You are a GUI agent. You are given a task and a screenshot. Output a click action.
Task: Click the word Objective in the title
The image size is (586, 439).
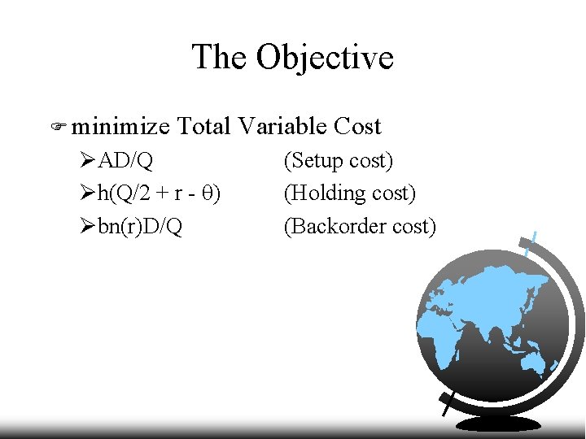tap(325, 58)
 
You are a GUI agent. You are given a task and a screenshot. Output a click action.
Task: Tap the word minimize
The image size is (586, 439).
tap(120, 126)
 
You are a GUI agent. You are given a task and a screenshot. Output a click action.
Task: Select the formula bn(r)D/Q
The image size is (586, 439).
tap(140, 226)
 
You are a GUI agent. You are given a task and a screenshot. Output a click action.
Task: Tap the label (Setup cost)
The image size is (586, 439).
tap(338, 161)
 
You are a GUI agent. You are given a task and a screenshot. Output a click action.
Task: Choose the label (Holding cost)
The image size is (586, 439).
tap(349, 193)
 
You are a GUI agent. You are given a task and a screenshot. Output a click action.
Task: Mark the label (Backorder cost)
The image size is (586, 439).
tap(359, 226)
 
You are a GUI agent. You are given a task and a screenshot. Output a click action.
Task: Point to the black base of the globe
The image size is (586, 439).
tap(498, 424)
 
